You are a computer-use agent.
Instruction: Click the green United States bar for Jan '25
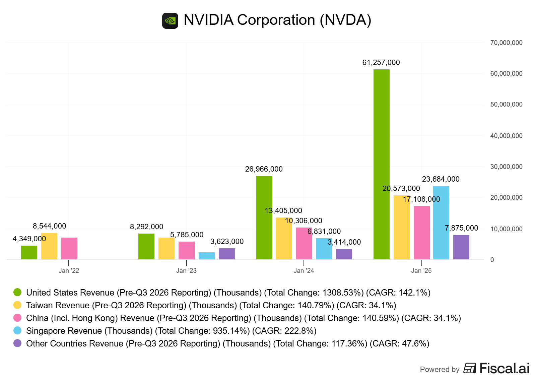tap(382, 164)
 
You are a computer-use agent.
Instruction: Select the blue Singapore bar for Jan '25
tap(441, 223)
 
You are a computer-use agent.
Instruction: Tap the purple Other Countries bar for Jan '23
tap(227, 254)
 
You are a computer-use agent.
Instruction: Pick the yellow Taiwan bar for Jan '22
tap(49, 246)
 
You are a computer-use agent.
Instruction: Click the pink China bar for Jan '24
tap(304, 243)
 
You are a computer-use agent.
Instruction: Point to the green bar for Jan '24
tap(264, 217)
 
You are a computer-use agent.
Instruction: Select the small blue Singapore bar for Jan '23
tap(207, 256)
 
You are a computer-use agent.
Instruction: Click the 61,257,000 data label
tap(381, 63)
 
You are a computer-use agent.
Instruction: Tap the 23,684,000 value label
tap(441, 179)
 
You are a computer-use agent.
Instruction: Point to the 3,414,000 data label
tap(344, 242)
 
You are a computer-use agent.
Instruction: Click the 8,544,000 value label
tap(49, 226)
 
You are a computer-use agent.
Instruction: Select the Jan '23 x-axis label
tap(186, 270)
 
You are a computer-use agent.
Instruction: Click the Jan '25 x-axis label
tap(421, 270)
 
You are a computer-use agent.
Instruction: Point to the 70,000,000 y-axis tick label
tap(506, 43)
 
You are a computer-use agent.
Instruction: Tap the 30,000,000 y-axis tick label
tap(506, 167)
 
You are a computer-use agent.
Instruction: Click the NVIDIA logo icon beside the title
tap(170, 21)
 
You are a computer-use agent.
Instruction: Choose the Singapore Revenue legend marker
tap(17, 331)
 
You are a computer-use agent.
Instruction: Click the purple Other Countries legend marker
tap(17, 343)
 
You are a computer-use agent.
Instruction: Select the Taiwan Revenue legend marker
tap(17, 305)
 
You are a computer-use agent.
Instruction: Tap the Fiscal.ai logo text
tap(504, 368)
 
